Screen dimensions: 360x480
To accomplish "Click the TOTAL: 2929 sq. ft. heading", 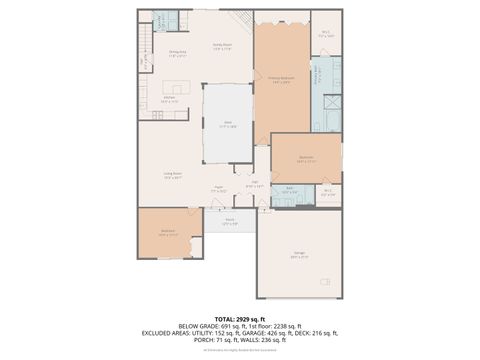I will point(240,318).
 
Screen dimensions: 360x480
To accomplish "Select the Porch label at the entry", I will point(229,221).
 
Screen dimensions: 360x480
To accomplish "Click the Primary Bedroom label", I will point(280,78).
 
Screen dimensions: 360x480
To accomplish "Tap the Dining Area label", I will point(177,53).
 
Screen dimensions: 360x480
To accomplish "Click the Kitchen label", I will point(170,99).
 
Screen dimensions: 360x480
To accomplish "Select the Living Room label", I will point(173,175).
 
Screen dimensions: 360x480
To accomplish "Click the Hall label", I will point(255,184).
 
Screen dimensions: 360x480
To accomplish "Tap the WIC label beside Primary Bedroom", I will point(326,32).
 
